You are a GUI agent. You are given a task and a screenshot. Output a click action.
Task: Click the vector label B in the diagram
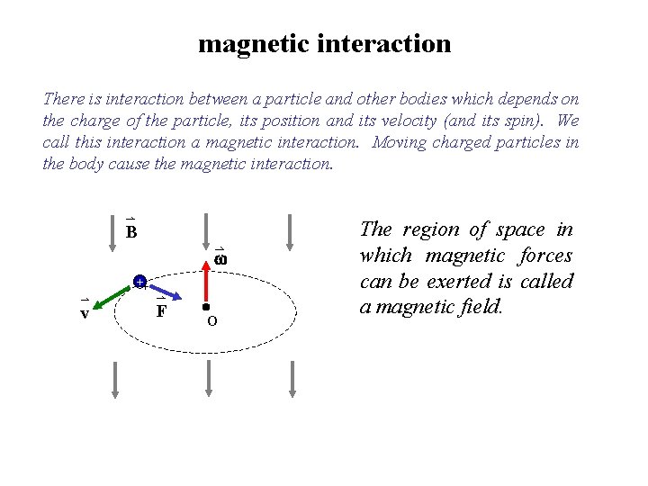130,232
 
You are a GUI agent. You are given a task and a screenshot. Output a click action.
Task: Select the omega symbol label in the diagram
220,259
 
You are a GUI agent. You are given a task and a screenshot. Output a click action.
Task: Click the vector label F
161,310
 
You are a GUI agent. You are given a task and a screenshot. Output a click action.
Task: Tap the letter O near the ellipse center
211,321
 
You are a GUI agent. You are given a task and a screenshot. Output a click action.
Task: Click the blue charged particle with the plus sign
139,283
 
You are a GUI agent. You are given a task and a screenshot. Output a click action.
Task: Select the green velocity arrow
114,294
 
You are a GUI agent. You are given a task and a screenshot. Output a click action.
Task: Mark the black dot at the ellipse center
206,307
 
